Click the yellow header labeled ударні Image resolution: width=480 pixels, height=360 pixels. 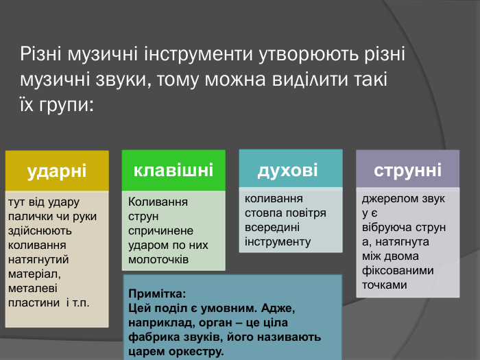click(x=57, y=171)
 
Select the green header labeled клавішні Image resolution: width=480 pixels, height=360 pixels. click(x=173, y=170)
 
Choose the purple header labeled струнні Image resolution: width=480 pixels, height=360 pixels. click(x=407, y=169)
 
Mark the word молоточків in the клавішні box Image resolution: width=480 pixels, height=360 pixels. click(x=158, y=259)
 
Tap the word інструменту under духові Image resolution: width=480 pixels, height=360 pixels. click(x=278, y=241)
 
